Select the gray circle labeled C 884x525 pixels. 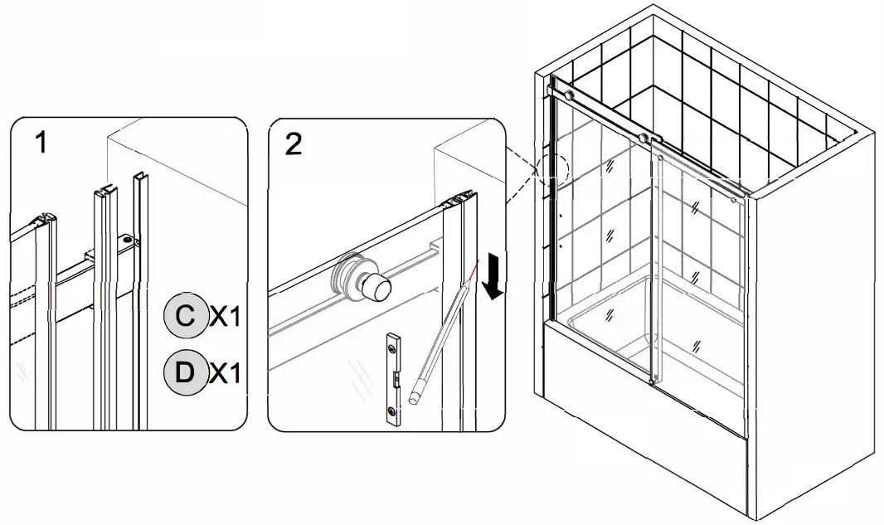(x=186, y=316)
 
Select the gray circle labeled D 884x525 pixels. (x=186, y=372)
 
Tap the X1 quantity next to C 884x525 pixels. (x=224, y=316)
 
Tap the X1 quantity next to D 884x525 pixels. (x=224, y=373)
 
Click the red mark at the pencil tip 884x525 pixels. (x=470, y=270)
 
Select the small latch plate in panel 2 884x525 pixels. (x=396, y=377)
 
